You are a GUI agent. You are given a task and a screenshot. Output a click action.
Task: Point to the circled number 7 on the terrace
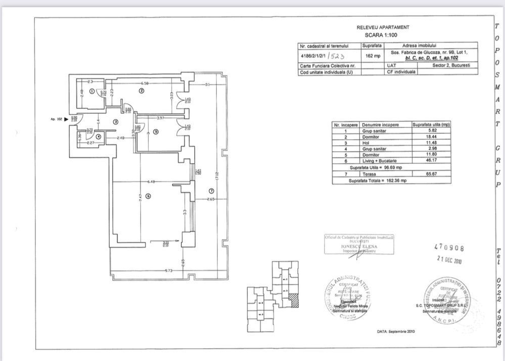211,190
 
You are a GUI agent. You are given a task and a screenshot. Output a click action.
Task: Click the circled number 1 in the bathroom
91,92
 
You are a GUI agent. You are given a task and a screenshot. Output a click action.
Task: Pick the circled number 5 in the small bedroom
156,132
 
